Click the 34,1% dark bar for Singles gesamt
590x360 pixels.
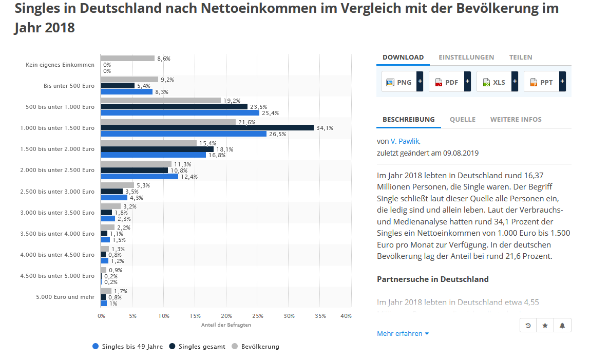[x=207, y=128]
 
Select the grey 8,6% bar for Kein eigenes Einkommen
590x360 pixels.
[x=128, y=59]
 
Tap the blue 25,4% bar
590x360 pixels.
[x=180, y=113]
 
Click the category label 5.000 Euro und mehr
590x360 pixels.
[x=65, y=297]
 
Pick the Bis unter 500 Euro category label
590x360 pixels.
[x=69, y=86]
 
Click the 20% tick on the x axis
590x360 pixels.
[x=226, y=316]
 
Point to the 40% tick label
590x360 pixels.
[x=346, y=316]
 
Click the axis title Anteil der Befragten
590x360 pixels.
[x=226, y=325]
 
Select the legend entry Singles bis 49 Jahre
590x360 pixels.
[x=127, y=347]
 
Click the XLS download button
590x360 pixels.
[x=494, y=82]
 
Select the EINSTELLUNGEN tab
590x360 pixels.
[x=466, y=57]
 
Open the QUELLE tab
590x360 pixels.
[x=462, y=119]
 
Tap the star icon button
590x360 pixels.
[x=545, y=326]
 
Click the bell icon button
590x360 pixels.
[x=562, y=326]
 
